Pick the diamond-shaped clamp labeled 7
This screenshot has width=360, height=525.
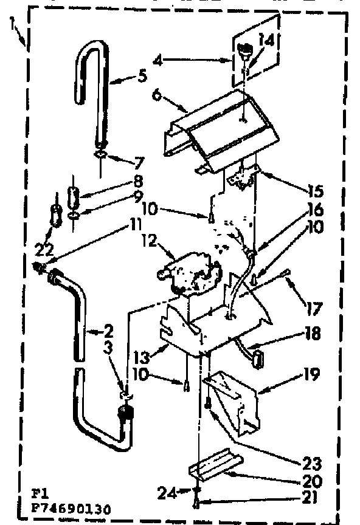[x=99, y=156]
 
